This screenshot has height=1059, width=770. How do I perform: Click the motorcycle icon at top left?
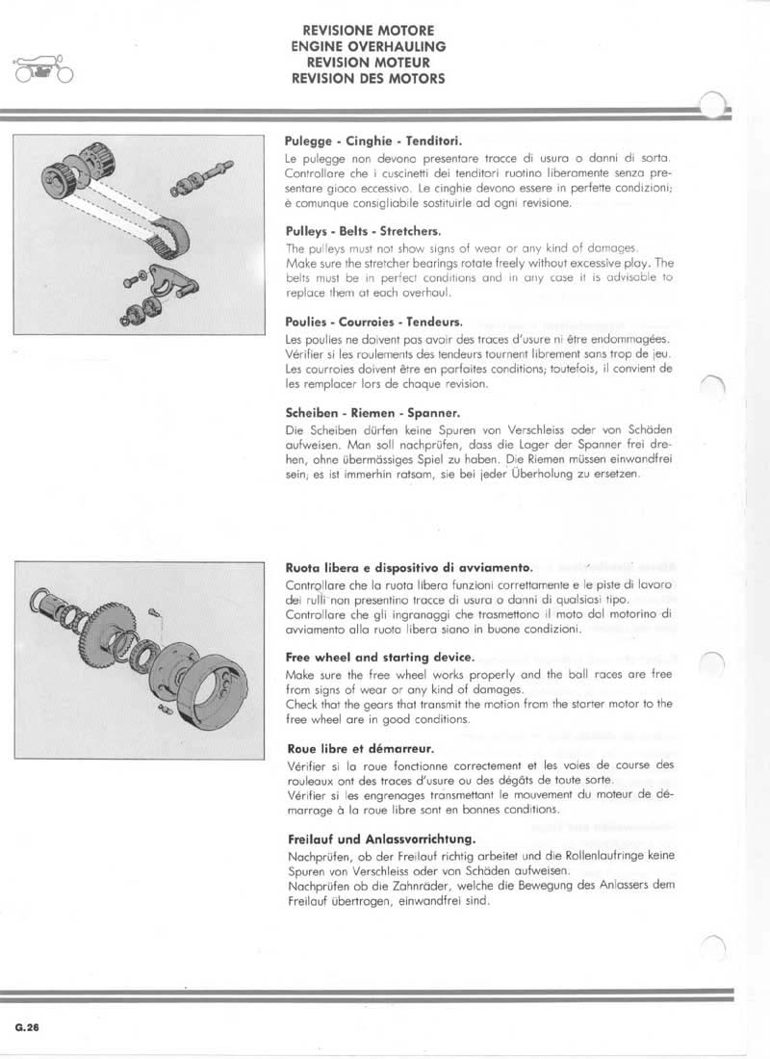(42, 71)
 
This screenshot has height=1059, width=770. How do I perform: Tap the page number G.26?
(27, 1028)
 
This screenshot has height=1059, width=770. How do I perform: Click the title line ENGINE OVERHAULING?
(368, 46)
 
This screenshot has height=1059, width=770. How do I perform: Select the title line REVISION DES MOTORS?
(368, 79)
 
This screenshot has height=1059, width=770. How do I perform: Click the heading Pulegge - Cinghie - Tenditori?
(355, 140)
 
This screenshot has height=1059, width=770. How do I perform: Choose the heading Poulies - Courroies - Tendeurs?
(360, 322)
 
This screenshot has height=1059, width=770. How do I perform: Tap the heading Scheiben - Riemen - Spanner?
(355, 413)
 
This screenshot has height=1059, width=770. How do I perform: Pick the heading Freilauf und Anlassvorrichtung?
(369, 839)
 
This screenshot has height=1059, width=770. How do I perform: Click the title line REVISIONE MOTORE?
(368, 31)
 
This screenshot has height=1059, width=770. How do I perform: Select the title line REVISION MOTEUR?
(368, 63)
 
